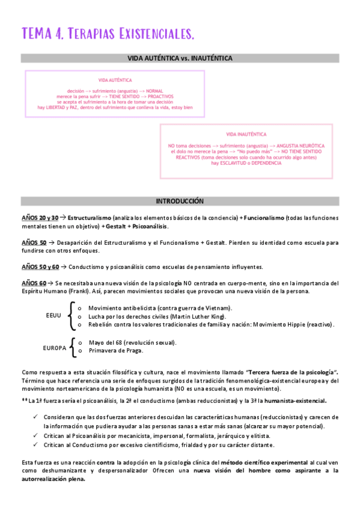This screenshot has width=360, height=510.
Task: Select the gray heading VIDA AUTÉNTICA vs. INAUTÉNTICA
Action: [x=180, y=58]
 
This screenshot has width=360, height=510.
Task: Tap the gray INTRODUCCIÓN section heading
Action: [x=180, y=201]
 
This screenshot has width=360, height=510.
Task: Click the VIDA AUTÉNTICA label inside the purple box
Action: [x=115, y=80]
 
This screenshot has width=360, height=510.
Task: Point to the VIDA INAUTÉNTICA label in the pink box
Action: [x=246, y=134]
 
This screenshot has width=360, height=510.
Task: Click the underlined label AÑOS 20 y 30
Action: [x=40, y=217]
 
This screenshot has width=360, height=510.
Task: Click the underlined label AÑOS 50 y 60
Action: [x=40, y=267]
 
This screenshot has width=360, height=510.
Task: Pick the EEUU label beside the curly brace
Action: [x=53, y=315]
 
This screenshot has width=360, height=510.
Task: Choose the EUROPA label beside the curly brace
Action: [x=55, y=348]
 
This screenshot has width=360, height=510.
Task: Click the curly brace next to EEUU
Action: [x=72, y=316]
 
